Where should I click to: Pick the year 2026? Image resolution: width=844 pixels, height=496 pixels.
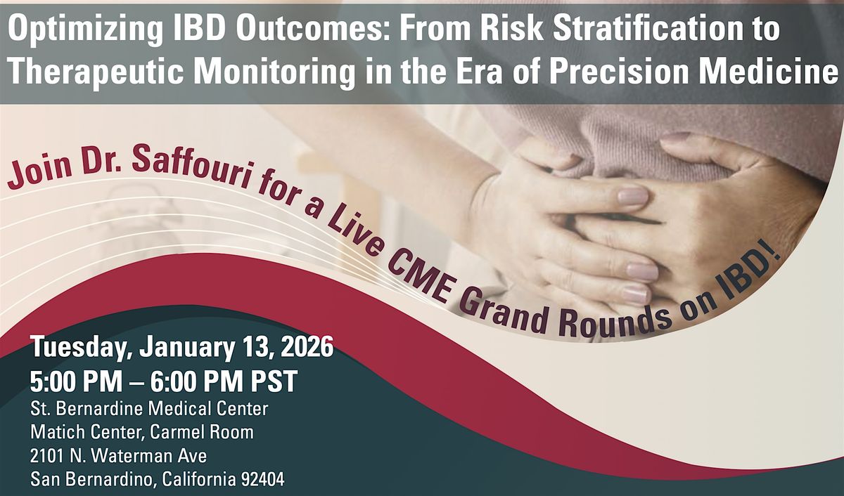pos(307,347)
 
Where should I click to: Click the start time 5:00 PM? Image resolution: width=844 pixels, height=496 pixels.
pos(76,381)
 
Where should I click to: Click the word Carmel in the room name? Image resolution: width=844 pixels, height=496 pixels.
pos(177,432)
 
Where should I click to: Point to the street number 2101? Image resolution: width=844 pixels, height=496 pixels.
pos(47,456)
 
